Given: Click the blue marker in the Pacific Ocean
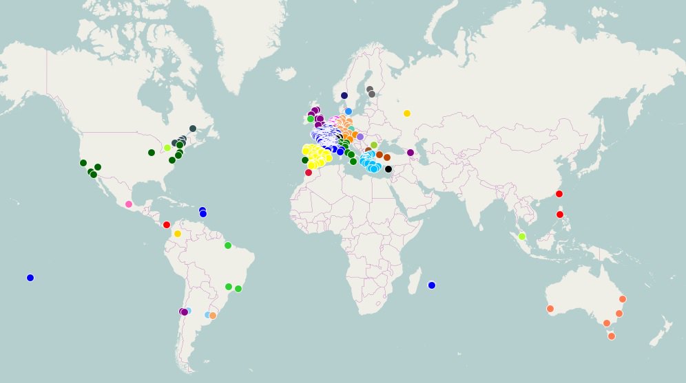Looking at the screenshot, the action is point(30,278).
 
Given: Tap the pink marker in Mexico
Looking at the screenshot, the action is point(129,204).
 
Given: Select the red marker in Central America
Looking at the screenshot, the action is point(167,225).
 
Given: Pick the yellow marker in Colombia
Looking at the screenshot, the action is point(178,234).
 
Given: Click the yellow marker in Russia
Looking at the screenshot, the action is point(407,113).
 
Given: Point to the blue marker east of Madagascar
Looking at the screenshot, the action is point(432,285).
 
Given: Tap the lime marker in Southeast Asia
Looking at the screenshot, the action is point(522,237).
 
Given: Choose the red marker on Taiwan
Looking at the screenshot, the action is point(559,194).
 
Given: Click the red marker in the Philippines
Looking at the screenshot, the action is point(560,215).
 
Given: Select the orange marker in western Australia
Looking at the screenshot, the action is point(550,309).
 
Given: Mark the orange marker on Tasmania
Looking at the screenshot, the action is point(612,336).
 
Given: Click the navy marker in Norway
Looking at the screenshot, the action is point(344,96).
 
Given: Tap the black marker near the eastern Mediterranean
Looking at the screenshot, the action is point(388,169).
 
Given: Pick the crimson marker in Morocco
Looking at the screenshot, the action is point(309,173).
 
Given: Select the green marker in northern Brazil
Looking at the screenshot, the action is point(228,245).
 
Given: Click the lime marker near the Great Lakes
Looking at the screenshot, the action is point(167,148).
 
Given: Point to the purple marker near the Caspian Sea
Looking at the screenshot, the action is point(410,153).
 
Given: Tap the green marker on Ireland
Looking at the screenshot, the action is point(311,119).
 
